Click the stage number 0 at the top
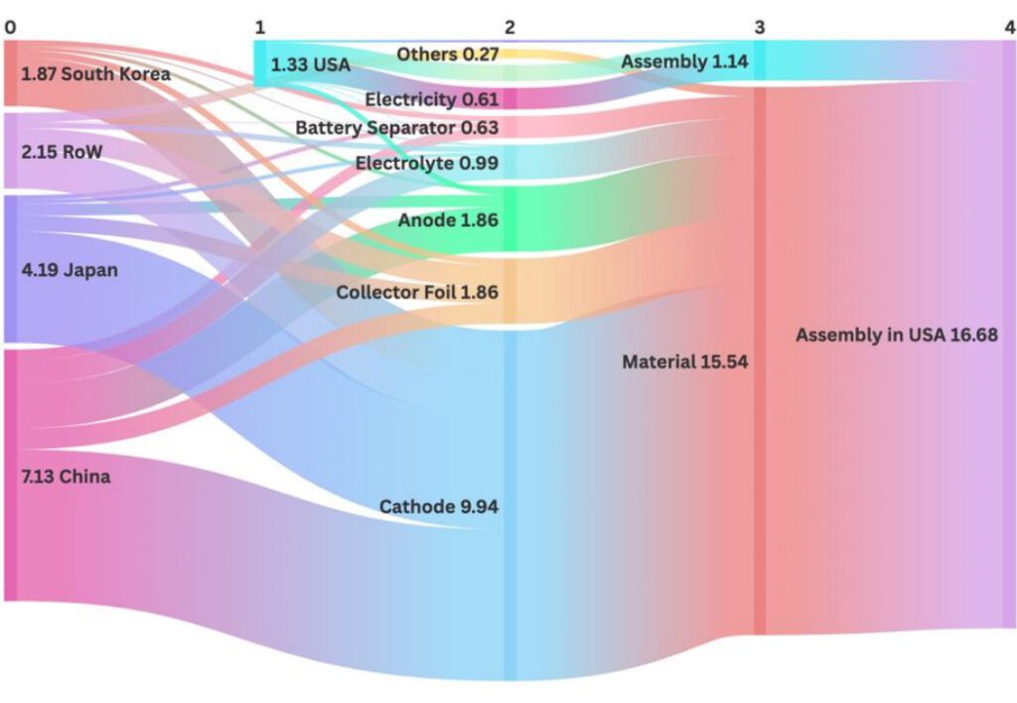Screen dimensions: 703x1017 [10, 27]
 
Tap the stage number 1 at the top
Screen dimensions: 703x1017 [260, 27]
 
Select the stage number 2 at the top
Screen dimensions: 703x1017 [509, 27]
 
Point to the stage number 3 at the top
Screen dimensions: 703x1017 [760, 27]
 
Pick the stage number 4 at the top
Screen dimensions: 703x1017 [1009, 27]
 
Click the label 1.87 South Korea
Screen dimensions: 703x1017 [95, 74]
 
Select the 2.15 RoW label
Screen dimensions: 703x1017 [62, 152]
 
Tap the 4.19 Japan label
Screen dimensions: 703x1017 [70, 269]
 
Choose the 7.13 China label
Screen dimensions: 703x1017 [66, 477]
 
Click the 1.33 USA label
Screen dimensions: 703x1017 [311, 66]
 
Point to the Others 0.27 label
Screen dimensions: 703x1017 [447, 54]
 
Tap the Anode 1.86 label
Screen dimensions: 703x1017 [448, 220]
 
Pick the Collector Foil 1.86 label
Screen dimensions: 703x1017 [417, 292]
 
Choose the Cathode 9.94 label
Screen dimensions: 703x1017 [438, 506]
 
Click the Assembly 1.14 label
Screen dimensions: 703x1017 [684, 62]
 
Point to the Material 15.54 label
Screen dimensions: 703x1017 [684, 361]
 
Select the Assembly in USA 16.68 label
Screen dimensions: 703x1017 [896, 336]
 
